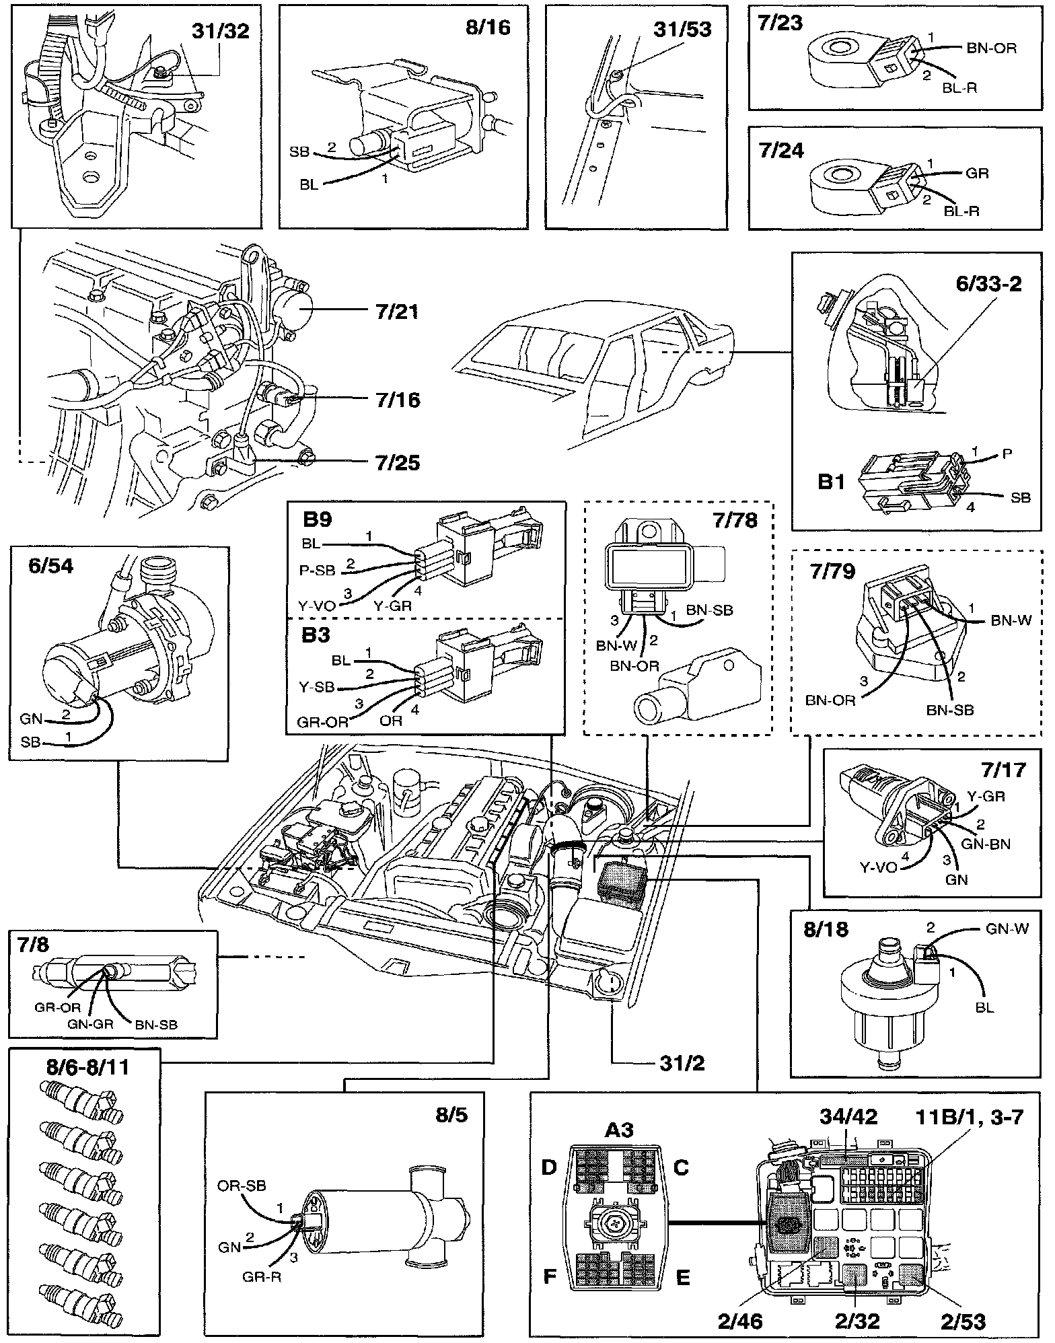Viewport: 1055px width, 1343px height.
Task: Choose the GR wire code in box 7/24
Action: pyautogui.click(x=977, y=173)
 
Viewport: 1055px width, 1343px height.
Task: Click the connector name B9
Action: pyautogui.click(x=318, y=520)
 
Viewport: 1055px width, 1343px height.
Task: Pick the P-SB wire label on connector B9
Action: pyautogui.click(x=317, y=570)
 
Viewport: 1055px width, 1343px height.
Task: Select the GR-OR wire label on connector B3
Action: pyautogui.click(x=323, y=722)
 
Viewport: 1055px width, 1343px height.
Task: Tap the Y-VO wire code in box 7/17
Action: pyautogui.click(x=879, y=867)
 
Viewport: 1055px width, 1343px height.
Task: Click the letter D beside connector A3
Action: pyautogui.click(x=550, y=1167)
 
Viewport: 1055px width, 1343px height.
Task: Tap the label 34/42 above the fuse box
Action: pyautogui.click(x=848, y=1116)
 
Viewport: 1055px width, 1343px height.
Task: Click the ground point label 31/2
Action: pyautogui.click(x=682, y=1063)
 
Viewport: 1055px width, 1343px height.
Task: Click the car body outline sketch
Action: pyautogui.click(x=592, y=377)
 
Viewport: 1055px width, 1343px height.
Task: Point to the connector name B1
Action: pyautogui.click(x=832, y=482)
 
